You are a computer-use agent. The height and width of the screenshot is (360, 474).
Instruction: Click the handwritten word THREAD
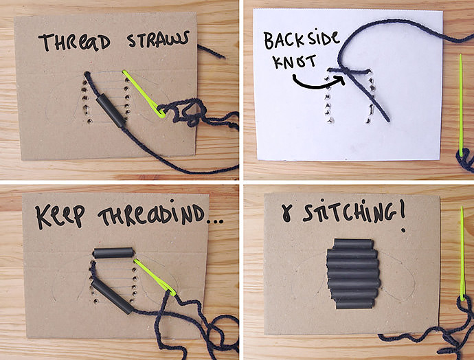(x=74, y=42)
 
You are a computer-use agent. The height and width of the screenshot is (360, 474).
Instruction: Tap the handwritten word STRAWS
(x=158, y=39)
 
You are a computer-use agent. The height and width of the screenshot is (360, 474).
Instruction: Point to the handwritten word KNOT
(x=295, y=62)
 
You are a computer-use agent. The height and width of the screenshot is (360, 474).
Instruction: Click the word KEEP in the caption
(x=60, y=216)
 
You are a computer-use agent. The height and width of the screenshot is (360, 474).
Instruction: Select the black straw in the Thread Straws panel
(x=111, y=110)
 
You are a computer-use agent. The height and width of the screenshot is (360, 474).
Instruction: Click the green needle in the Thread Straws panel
(x=144, y=93)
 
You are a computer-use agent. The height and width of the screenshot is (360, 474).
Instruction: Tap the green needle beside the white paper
(x=461, y=105)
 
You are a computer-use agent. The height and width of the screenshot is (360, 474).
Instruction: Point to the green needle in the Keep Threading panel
(x=154, y=277)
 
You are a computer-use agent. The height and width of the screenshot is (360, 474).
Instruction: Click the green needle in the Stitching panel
(x=462, y=254)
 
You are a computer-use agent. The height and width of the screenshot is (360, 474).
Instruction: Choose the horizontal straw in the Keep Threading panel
(x=113, y=253)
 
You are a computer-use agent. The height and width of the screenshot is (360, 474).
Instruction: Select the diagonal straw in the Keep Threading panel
(x=112, y=297)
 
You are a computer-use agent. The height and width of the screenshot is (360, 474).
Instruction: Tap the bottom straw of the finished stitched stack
(x=354, y=304)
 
